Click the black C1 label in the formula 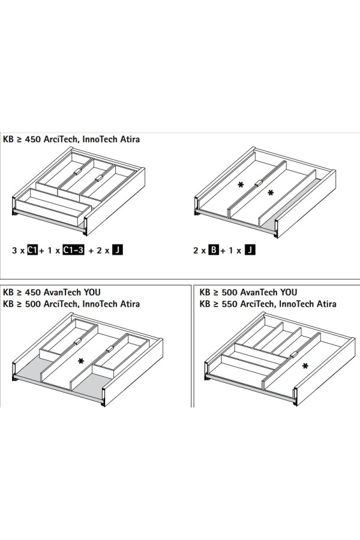click(x=32, y=250)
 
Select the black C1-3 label click(x=73, y=250)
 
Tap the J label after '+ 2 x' click(x=118, y=250)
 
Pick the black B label click(x=214, y=250)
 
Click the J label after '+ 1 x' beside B click(x=250, y=250)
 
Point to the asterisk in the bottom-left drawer click(x=80, y=361)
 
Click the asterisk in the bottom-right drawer click(x=305, y=366)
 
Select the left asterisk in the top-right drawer click(x=241, y=185)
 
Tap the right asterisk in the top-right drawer click(x=271, y=193)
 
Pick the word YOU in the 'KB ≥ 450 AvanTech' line click(x=92, y=292)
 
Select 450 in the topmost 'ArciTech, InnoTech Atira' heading click(x=33, y=139)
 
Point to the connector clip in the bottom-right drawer click(x=294, y=355)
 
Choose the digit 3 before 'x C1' click(x=14, y=250)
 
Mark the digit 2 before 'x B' click(x=196, y=250)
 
